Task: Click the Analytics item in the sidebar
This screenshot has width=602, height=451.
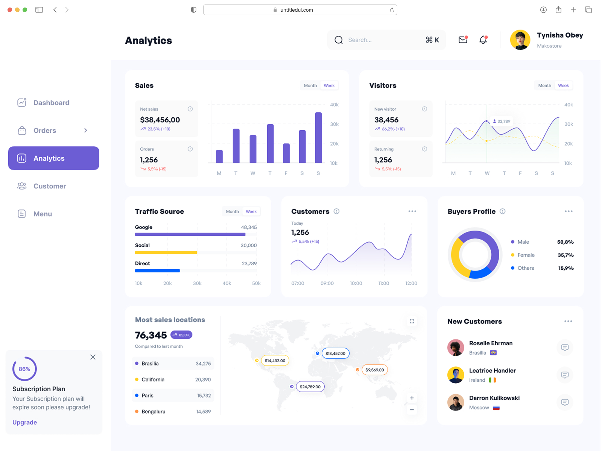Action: pyautogui.click(x=53, y=158)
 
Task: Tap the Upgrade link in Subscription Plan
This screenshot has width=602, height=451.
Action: pyautogui.click(x=24, y=422)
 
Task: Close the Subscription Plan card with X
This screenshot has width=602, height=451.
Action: pyautogui.click(x=93, y=357)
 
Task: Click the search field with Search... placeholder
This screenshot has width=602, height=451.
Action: pyautogui.click(x=384, y=40)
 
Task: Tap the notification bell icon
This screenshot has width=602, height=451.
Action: pyautogui.click(x=483, y=40)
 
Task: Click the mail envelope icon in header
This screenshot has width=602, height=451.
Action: pyautogui.click(x=463, y=40)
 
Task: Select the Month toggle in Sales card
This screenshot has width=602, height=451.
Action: pyautogui.click(x=310, y=86)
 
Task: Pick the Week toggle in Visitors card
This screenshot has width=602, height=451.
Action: pyautogui.click(x=563, y=86)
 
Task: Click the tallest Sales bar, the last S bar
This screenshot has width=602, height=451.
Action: pyautogui.click(x=318, y=138)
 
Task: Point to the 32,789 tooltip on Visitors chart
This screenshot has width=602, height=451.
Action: pyautogui.click(x=502, y=121)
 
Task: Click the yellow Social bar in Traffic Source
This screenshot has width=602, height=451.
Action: pyautogui.click(x=166, y=253)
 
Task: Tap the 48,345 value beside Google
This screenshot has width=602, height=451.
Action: pyautogui.click(x=249, y=227)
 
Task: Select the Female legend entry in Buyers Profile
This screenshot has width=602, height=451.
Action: pyautogui.click(x=526, y=255)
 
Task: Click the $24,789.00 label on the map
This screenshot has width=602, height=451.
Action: pyautogui.click(x=310, y=387)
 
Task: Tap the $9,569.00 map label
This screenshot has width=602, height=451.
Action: pyautogui.click(x=374, y=370)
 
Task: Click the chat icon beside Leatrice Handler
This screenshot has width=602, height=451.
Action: pyautogui.click(x=564, y=375)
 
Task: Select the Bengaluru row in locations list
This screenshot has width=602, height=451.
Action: pyautogui.click(x=173, y=412)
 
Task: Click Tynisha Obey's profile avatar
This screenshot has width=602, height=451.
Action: pyautogui.click(x=520, y=40)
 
